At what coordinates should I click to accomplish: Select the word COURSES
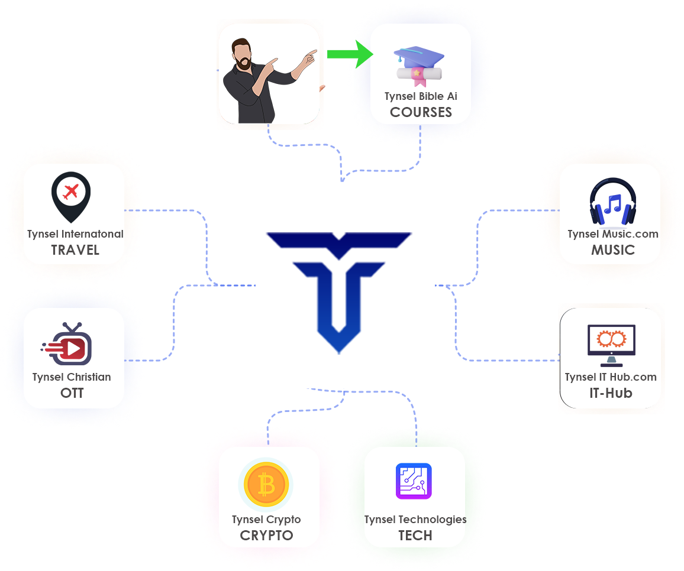(421, 112)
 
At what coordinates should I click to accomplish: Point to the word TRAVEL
(75, 250)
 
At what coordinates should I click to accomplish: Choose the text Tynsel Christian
(72, 377)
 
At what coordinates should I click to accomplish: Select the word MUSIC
(613, 250)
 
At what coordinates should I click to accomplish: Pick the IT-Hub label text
(611, 393)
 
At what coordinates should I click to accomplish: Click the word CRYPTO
(266, 536)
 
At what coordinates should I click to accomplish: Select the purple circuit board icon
(414, 481)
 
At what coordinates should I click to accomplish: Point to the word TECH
(415, 536)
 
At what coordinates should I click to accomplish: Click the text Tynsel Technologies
(415, 520)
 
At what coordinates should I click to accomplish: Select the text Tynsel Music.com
(613, 234)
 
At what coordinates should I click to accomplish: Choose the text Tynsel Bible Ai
(421, 96)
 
